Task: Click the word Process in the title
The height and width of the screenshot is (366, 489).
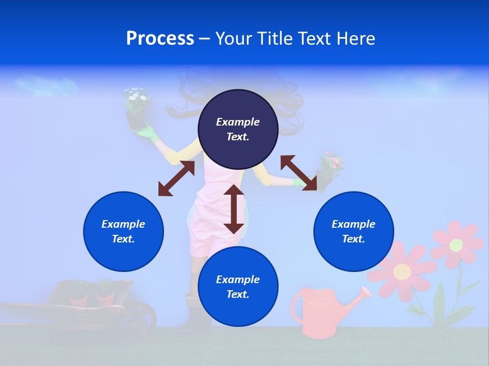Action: (160, 39)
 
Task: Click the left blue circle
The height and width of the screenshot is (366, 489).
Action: (123, 231)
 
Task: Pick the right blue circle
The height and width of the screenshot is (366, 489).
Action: (354, 231)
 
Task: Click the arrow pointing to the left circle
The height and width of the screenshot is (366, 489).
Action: (176, 178)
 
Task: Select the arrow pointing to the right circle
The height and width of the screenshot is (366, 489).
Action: (299, 173)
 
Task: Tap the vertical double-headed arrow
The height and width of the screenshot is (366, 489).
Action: (234, 209)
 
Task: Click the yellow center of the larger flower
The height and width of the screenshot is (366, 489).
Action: (402, 271)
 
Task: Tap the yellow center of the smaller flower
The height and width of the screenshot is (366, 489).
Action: (456, 245)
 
